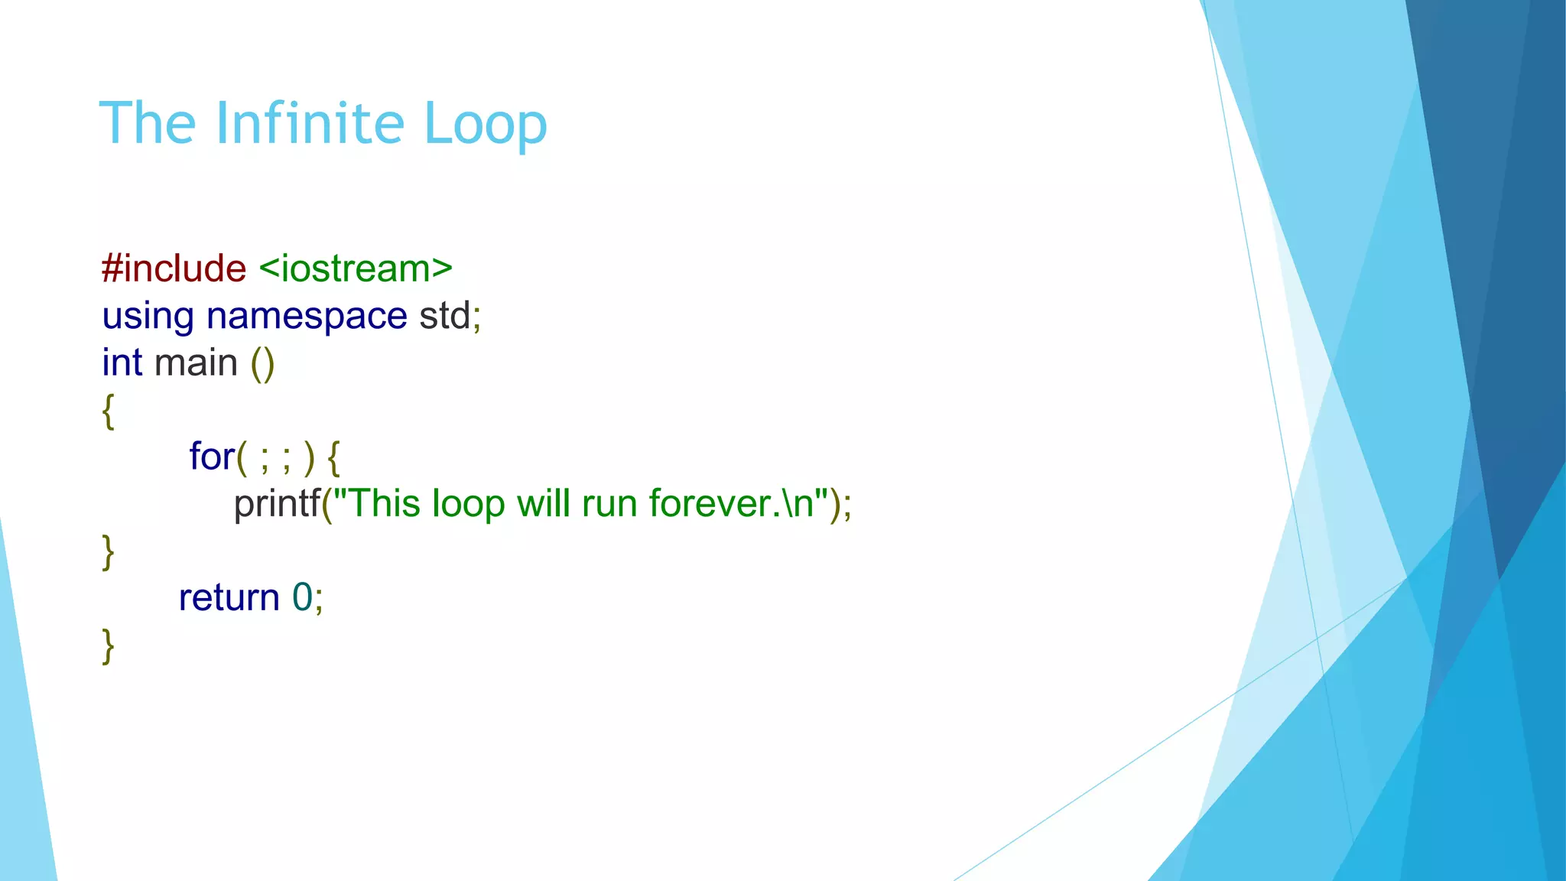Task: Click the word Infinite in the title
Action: tap(310, 123)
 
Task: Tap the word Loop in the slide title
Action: tap(485, 125)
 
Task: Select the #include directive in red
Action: tap(174, 268)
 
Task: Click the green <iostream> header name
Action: tap(356, 268)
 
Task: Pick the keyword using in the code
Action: tap(148, 317)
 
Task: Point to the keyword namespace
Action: tap(307, 317)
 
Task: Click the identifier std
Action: tap(444, 315)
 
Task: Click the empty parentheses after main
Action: tap(262, 363)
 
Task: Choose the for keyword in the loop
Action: tap(211, 457)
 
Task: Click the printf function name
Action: tap(276, 504)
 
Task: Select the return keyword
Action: tap(229, 597)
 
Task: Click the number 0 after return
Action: tap(302, 597)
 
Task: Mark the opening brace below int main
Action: tap(108, 411)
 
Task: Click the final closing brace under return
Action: tap(108, 646)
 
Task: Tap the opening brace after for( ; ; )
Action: tap(333, 457)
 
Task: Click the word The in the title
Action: tap(148, 123)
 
